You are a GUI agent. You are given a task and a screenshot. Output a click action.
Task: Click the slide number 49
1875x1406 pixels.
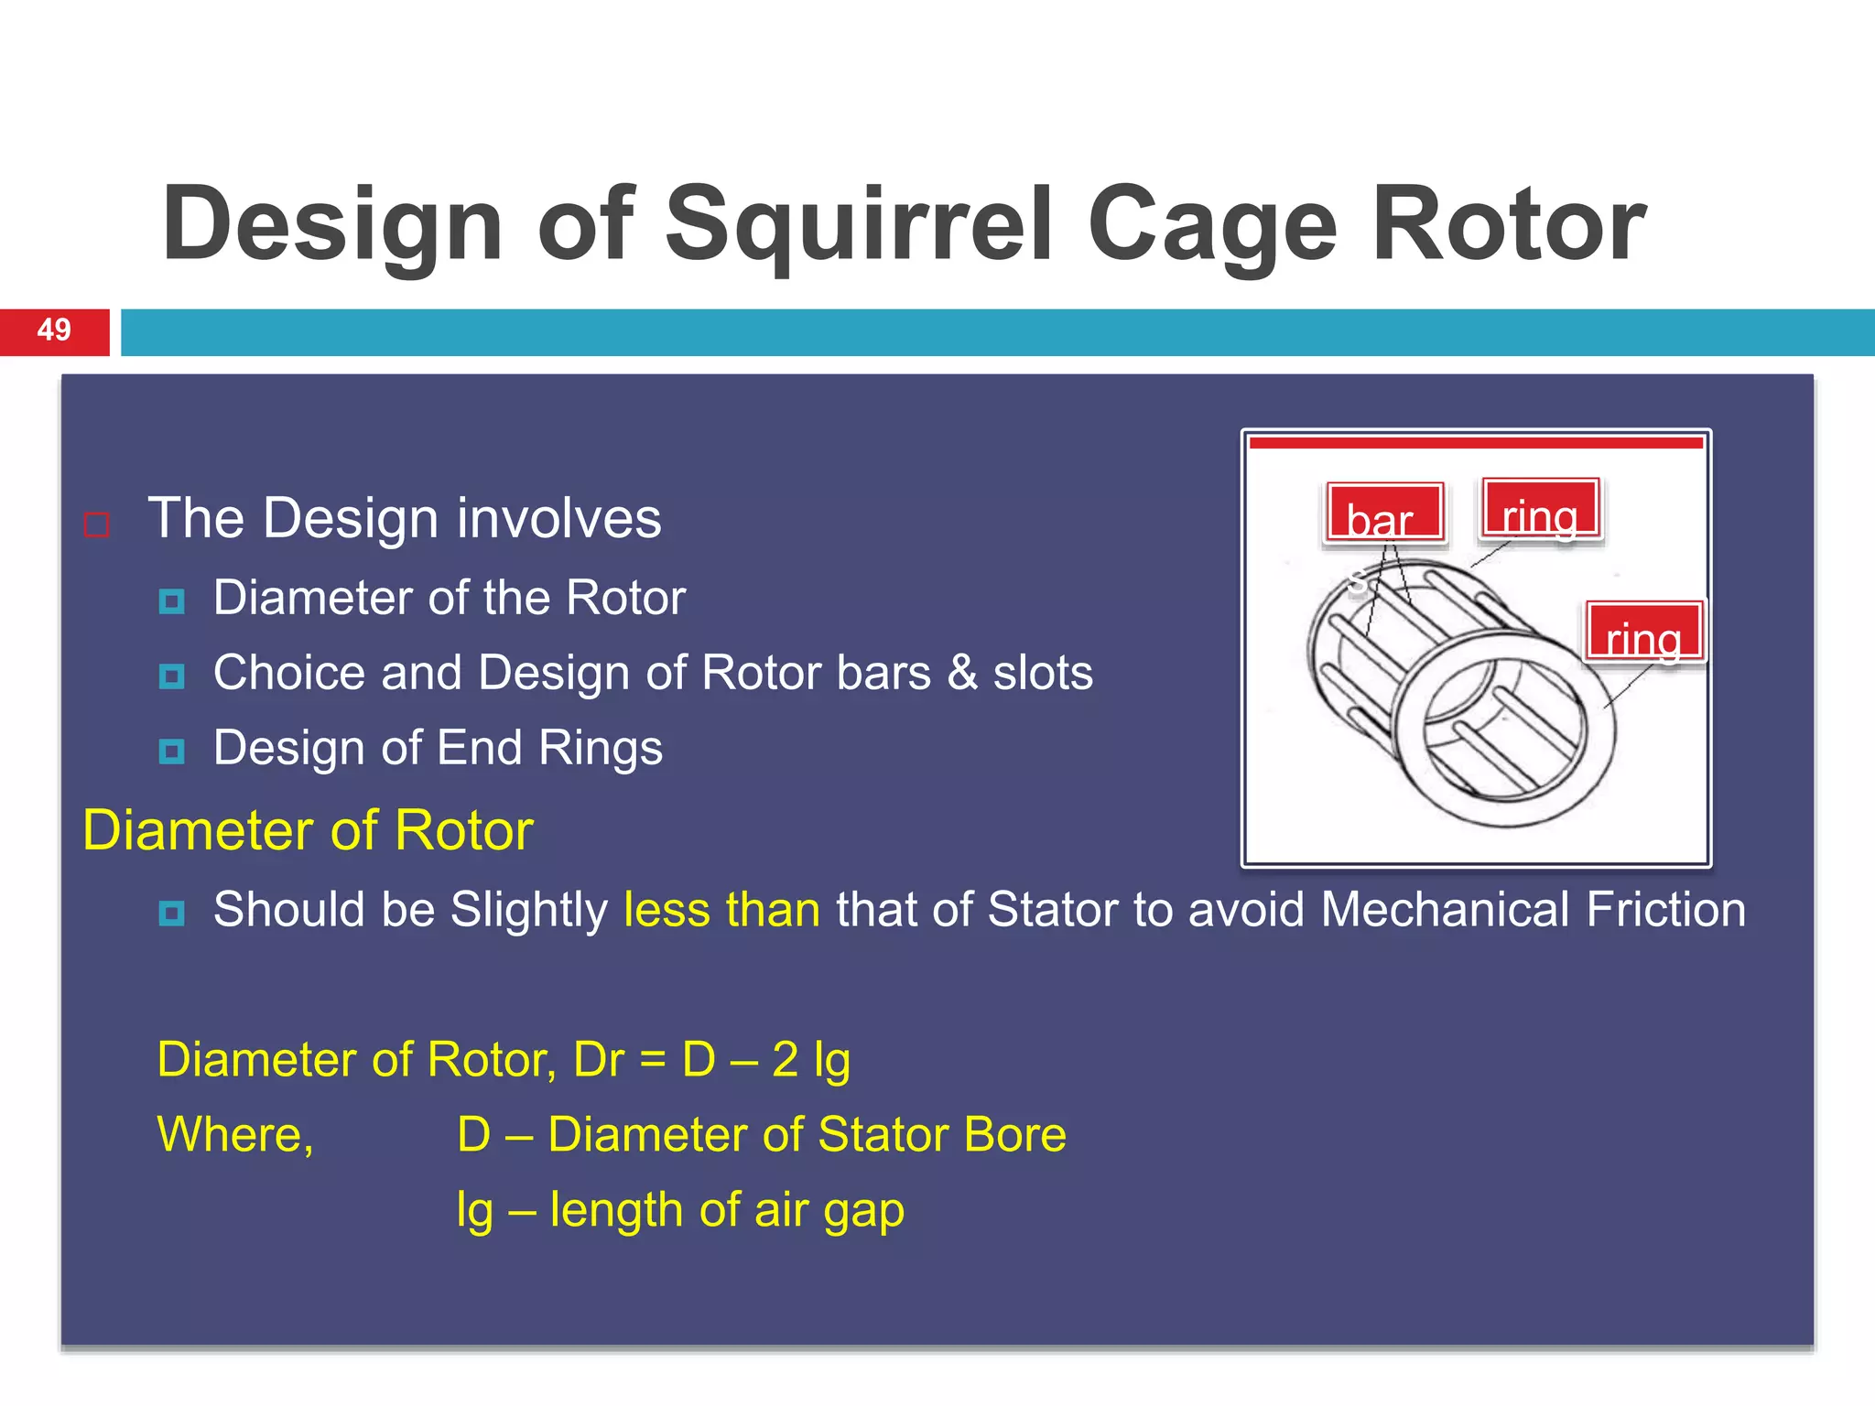click(x=54, y=330)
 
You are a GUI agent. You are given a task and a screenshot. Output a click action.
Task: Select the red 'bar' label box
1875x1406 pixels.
click(x=1384, y=514)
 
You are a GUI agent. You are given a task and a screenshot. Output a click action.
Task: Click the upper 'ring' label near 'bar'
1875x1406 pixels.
click(x=1540, y=510)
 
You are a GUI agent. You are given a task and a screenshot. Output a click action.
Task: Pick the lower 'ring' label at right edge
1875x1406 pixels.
click(x=1644, y=633)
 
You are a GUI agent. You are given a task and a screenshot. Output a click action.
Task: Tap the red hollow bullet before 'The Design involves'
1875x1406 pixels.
click(x=96, y=525)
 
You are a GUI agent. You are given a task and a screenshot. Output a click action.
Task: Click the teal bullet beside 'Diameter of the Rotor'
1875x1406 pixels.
click(x=171, y=601)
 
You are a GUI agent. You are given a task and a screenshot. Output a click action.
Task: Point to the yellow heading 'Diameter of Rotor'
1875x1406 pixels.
click(x=308, y=831)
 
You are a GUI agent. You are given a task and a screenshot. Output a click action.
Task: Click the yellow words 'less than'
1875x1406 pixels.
click(x=721, y=910)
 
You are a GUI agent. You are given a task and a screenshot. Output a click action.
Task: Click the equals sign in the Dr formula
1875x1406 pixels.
click(x=652, y=1061)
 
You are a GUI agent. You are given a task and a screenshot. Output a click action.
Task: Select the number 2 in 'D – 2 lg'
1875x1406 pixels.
click(x=785, y=1060)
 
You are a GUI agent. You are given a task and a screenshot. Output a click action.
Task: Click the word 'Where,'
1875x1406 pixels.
click(x=235, y=1135)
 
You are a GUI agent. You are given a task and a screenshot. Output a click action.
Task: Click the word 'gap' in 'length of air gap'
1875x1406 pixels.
click(x=863, y=1212)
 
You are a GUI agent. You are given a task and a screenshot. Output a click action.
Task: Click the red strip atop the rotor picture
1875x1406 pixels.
click(x=1475, y=443)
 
